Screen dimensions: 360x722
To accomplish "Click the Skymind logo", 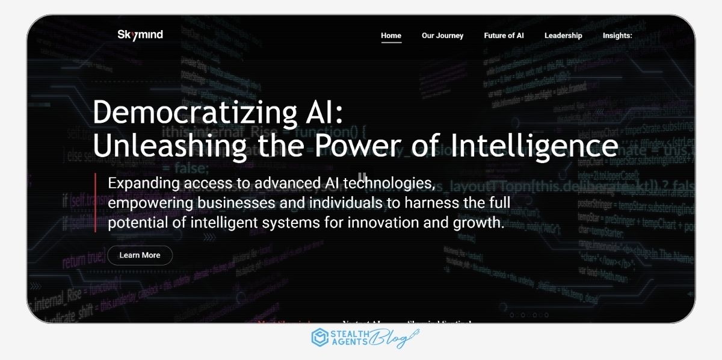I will coord(140,35).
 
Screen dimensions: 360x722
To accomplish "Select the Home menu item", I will coord(391,36).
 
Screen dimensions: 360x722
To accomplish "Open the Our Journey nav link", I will coord(442,36).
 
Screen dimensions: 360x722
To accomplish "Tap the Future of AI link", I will coord(504,36).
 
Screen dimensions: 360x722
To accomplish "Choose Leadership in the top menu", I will coord(563,36).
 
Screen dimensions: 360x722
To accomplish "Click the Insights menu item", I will coord(617,36).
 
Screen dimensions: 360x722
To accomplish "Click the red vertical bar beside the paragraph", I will coord(95,203).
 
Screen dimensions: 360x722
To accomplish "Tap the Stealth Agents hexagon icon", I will coord(319,338).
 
